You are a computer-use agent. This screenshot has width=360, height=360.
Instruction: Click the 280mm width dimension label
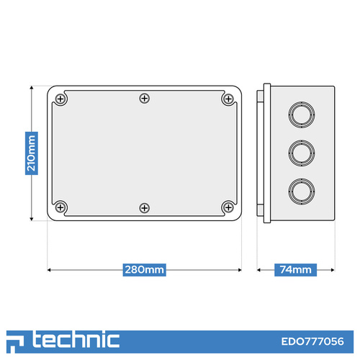(144, 270)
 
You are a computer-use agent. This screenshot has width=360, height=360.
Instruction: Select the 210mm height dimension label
(32, 153)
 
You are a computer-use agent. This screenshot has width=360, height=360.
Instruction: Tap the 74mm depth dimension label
(295, 270)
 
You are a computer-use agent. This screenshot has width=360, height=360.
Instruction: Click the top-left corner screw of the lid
(60, 99)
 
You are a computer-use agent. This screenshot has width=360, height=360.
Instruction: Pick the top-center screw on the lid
(145, 99)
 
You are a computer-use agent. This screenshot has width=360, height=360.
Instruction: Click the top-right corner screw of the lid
(228, 99)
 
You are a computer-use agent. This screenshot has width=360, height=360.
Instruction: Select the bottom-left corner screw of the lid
(60, 207)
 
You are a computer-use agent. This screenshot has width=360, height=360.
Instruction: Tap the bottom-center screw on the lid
(145, 208)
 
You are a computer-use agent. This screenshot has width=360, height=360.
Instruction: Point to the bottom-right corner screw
(228, 207)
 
